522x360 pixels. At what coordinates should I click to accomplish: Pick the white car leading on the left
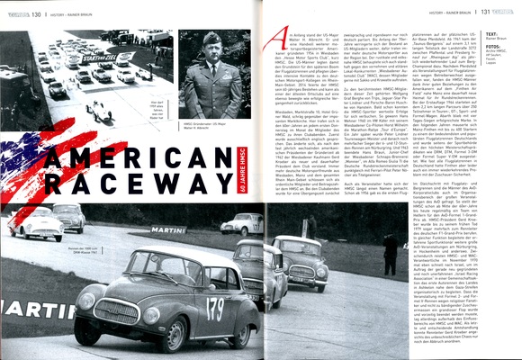click(x=36, y=224)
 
